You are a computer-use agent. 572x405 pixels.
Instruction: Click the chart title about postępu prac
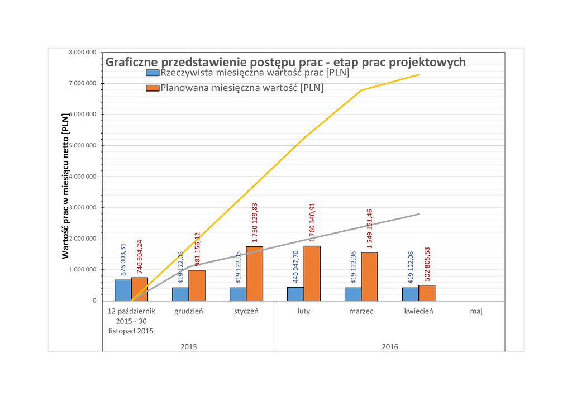(x=285, y=62)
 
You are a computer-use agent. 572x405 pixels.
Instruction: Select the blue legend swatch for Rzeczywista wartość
(x=152, y=73)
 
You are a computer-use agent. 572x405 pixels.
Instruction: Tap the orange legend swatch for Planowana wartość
(x=152, y=88)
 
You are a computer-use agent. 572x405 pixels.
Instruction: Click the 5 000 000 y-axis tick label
(x=82, y=146)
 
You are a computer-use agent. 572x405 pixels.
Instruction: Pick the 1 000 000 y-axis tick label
(x=82, y=270)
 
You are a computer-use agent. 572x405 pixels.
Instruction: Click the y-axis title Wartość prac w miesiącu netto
(x=65, y=186)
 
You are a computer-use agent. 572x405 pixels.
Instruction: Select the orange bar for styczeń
(x=254, y=273)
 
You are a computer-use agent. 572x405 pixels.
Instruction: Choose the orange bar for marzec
(x=369, y=277)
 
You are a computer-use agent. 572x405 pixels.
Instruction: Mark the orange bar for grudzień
(x=197, y=285)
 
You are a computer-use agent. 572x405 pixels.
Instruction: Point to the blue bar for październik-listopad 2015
(x=123, y=290)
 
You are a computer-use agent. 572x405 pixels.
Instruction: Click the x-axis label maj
(x=476, y=311)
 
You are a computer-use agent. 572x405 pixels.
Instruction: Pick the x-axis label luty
(x=303, y=311)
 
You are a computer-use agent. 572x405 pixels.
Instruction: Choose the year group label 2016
(x=389, y=347)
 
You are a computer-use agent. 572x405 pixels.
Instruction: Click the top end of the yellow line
(x=419, y=74)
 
